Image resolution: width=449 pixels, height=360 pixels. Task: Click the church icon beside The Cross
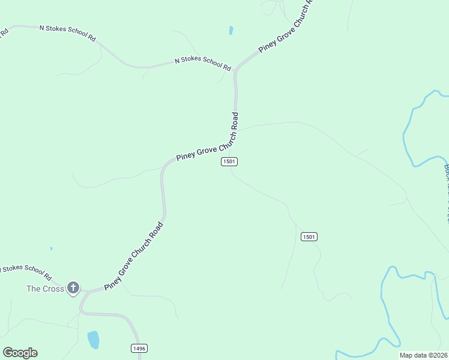(x=73, y=288)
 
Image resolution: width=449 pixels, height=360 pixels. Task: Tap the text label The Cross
(x=45, y=289)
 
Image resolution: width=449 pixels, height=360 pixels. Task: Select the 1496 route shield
(x=139, y=348)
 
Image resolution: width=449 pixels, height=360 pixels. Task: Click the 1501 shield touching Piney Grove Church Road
(x=229, y=161)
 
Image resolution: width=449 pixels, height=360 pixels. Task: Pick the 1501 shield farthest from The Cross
(x=309, y=237)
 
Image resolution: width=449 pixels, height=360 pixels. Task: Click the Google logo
(x=20, y=353)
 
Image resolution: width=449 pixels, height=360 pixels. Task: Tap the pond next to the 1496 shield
(x=93, y=340)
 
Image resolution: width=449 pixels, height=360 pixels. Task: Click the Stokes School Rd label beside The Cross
(x=25, y=272)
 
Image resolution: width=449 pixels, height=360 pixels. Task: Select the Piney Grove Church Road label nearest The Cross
(x=133, y=257)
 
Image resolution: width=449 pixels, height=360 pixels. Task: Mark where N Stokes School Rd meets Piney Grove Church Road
(x=237, y=67)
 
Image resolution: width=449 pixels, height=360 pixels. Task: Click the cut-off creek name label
(x=446, y=192)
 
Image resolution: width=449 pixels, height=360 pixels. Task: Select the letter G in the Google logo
(x=8, y=353)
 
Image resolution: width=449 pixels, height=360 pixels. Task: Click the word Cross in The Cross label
(x=53, y=289)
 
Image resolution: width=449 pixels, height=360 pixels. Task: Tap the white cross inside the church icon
(x=73, y=288)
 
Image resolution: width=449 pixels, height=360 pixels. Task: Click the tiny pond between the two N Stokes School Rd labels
(x=231, y=30)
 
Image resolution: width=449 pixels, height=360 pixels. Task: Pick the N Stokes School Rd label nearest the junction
(x=203, y=62)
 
